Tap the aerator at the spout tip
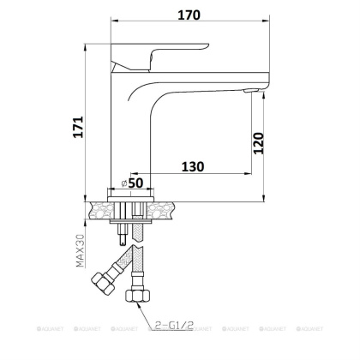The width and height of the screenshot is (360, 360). coord(250,90)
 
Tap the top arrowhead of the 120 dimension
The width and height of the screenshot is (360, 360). coord(256,93)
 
